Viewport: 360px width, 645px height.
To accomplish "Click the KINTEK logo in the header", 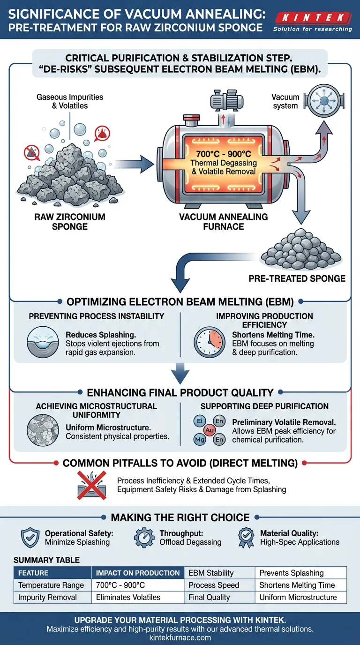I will (312, 18).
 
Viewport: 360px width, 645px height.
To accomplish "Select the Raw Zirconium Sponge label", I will (69, 222).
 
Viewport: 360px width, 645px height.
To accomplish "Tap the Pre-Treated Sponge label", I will (297, 278).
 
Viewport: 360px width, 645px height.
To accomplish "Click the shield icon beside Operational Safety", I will (30, 538).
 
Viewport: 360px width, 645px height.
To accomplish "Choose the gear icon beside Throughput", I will (143, 538).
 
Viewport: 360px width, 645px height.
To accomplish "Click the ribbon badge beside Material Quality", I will (246, 537).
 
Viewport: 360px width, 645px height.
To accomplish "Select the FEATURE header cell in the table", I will (52, 573).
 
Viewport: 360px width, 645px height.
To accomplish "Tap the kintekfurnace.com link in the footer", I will (180, 637).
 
